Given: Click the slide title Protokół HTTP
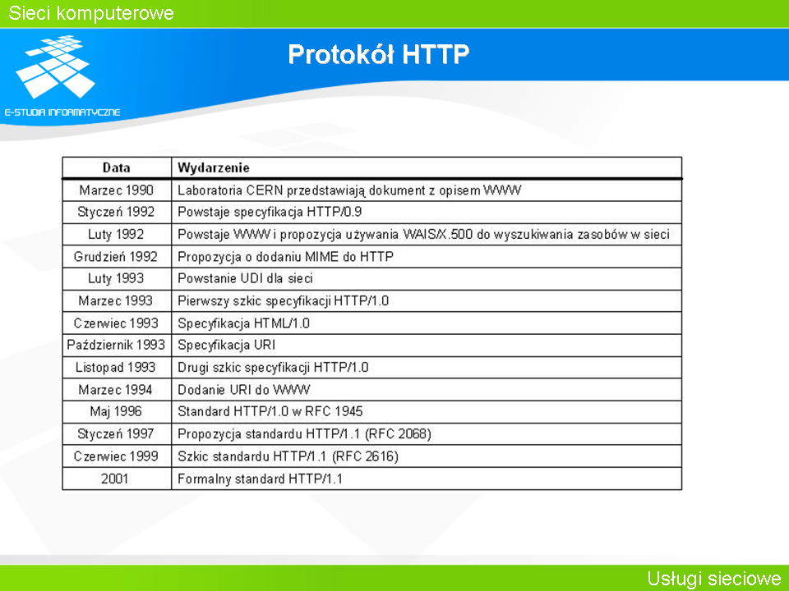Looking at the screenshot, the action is [378, 54].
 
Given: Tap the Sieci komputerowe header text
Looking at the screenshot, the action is [91, 13].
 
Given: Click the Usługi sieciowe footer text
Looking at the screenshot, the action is [713, 579].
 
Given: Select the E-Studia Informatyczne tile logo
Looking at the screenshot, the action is [55, 66].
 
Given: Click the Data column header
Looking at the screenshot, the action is [116, 167].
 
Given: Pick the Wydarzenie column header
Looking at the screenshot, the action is [214, 167].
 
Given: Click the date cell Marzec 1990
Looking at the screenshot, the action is [116, 190].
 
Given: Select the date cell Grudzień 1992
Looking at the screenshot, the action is [116, 257].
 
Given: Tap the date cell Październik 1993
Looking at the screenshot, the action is [116, 345].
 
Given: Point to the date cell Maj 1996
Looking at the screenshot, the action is [116, 411].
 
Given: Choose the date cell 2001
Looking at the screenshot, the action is [115, 479].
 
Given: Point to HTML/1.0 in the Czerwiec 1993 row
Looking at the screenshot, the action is [281, 323].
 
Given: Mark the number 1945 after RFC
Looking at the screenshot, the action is [348, 411].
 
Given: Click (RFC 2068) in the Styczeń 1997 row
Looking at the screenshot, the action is [398, 433].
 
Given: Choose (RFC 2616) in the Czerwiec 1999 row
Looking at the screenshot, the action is [365, 456].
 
